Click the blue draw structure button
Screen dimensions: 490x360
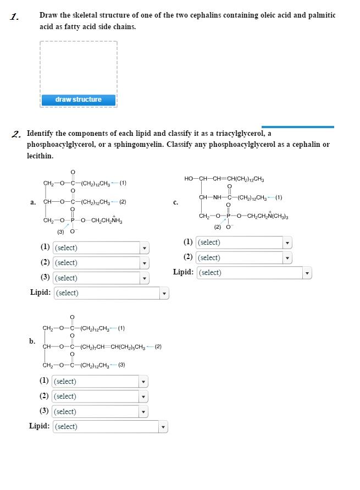point(78,100)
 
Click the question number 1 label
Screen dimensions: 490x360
point(14,16)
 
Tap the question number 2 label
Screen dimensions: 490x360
point(18,133)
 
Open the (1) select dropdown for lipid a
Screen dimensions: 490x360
point(101,248)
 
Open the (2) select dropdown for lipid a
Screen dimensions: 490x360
point(101,263)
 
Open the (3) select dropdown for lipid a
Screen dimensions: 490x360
point(101,278)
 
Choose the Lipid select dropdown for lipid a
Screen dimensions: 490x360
point(110,293)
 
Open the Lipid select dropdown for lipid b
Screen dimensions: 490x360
point(110,427)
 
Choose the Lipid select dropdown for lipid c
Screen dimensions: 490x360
point(253,273)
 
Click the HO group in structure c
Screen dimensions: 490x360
point(189,178)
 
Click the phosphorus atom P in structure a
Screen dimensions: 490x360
point(71,222)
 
